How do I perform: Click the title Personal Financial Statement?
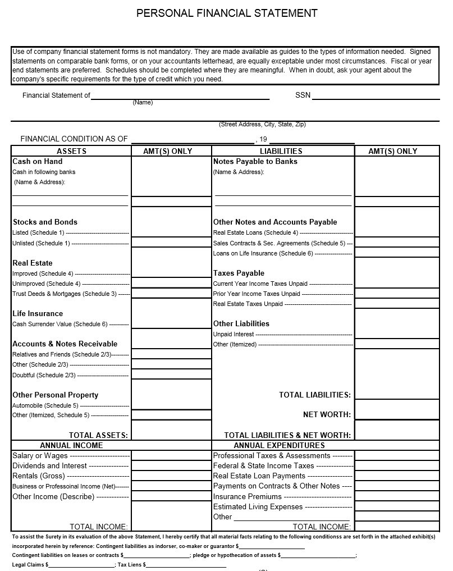coord(227,13)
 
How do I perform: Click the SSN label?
coord(303,95)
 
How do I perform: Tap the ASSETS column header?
coord(71,151)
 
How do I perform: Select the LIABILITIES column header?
coord(281,151)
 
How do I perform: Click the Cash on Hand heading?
coord(38,162)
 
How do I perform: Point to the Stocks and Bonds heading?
coord(45,222)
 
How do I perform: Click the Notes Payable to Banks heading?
coord(255,162)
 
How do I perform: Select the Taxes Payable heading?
coord(239,273)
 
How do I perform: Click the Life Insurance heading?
coord(38,314)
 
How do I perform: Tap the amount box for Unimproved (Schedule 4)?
coord(171,284)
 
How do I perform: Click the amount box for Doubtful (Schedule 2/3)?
coord(171,374)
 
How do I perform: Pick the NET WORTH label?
coord(327,415)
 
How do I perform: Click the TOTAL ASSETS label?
coord(98,435)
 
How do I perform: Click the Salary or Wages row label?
coord(40,456)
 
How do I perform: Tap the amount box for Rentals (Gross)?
coord(171,476)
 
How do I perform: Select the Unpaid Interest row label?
coord(234,334)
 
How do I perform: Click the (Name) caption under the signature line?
coord(143,103)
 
